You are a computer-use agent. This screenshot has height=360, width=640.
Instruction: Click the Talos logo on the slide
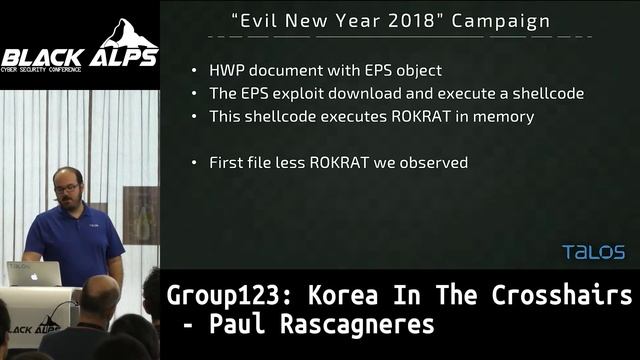pos(593,252)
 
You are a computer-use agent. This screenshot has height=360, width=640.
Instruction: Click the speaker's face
pos(68,188)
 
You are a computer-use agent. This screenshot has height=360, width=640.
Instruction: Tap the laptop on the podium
pos(33,273)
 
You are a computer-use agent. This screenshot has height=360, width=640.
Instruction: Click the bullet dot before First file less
pos(194,161)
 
